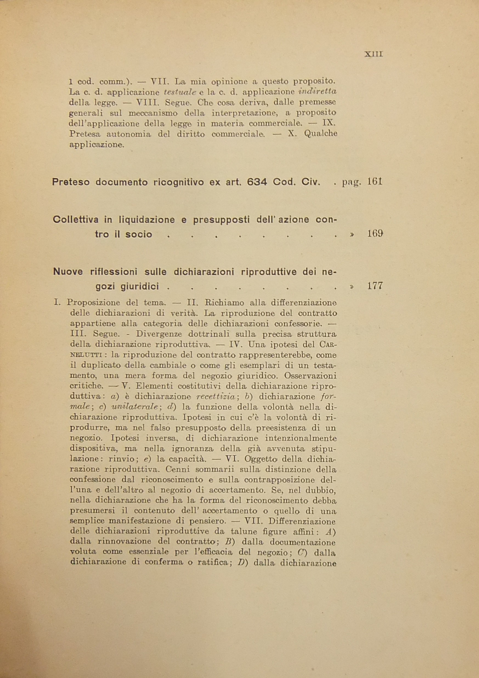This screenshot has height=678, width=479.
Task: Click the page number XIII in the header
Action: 374,54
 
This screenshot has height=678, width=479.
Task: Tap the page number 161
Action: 375,181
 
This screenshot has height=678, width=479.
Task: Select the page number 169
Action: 375,234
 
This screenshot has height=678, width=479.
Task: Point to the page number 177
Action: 375,286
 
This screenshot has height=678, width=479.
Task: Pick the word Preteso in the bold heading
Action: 71,182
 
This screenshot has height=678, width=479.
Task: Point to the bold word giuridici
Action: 140,286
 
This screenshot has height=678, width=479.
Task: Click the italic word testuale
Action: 180,92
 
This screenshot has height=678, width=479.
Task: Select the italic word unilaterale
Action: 136,407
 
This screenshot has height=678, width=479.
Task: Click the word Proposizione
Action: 93,303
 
